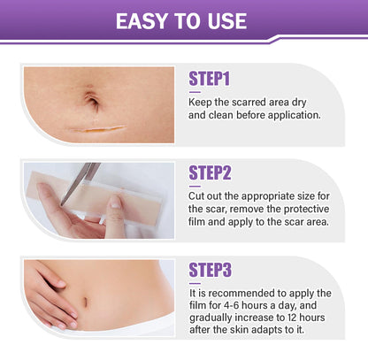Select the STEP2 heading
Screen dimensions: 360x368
point(211,173)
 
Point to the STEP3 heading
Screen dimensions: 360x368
point(211,269)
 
